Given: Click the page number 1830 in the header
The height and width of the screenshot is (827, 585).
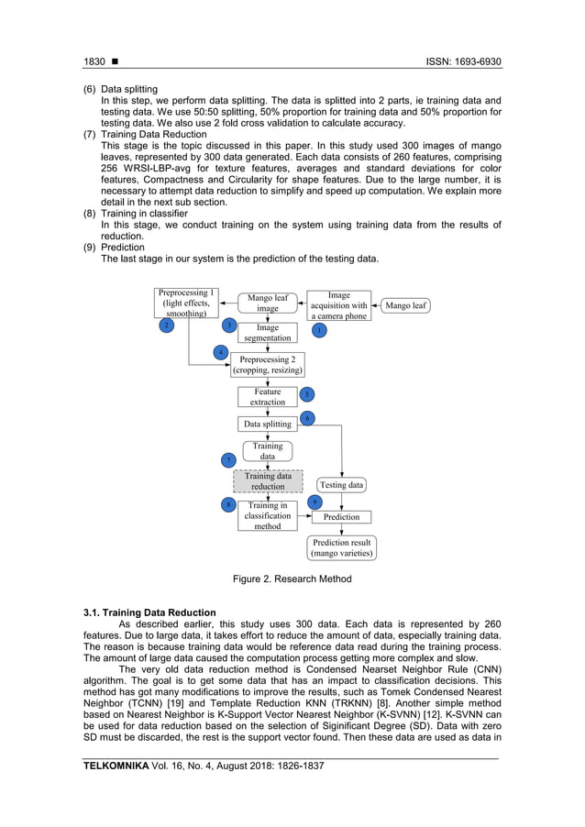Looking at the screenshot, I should coord(94,61).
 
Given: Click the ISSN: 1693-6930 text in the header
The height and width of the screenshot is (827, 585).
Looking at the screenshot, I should coord(463,61).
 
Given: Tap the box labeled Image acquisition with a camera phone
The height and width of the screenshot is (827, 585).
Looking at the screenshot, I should coord(338,306).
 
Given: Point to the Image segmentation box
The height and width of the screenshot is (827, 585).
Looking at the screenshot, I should coord(267,333).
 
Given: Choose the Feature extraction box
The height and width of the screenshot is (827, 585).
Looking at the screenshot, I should coord(268,397).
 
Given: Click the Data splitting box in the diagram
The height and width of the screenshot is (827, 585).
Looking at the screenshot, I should coord(267,425).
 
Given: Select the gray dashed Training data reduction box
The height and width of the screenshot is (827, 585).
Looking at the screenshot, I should coord(268,481).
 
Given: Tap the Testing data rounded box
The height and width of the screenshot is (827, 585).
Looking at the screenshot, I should coord(342,484).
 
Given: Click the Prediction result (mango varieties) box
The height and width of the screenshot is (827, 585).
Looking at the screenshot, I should coord(341,548).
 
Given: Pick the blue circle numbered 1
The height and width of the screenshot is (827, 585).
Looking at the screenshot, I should coord(319,329).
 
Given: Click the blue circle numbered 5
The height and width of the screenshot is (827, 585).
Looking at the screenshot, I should coord(307,394).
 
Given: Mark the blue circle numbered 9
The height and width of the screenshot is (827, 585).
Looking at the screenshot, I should coord(315,502).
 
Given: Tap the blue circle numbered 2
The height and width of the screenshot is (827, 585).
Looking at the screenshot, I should coord(166,325).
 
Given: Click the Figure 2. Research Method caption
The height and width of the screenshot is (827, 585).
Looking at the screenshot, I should coord(292,579).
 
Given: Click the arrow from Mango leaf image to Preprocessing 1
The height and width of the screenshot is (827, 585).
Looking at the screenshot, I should coord(226,303).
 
